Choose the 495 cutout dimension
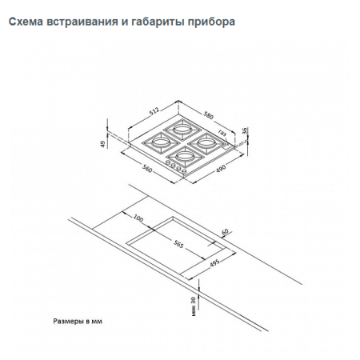click(x=215, y=265)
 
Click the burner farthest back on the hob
click(x=180, y=127)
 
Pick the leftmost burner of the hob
click(x=153, y=143)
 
